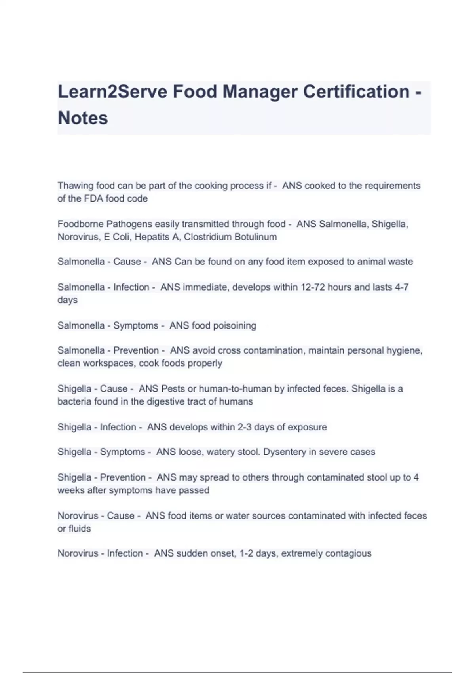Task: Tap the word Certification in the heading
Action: click(356, 92)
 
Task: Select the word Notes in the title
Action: click(83, 118)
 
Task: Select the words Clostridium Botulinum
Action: click(230, 237)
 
